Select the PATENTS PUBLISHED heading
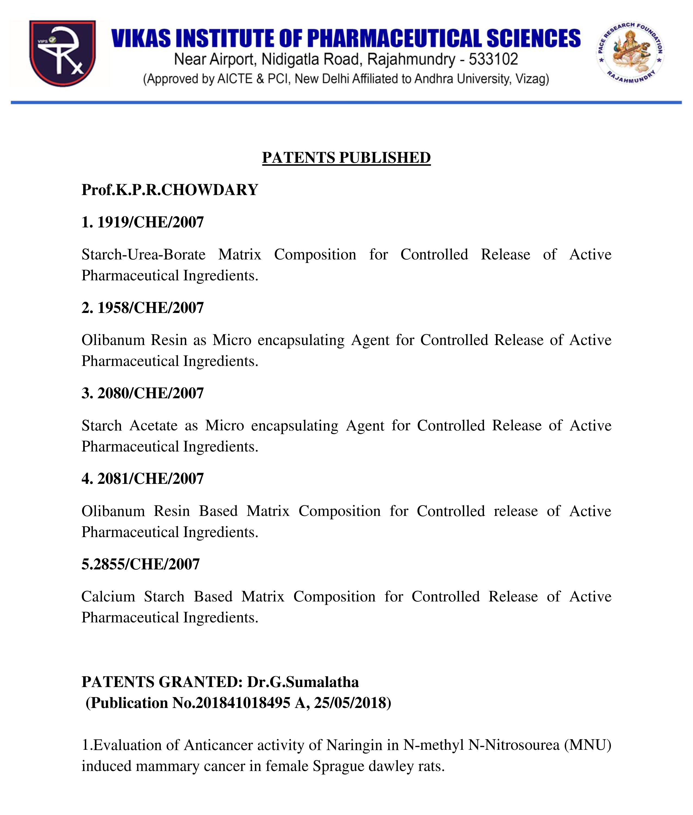coord(346,158)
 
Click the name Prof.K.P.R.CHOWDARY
coord(170,190)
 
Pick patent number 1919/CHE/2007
coord(151,222)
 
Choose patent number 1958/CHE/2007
coord(151,308)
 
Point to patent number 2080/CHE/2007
coord(151,393)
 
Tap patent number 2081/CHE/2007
coord(151,479)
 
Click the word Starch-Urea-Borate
coord(143,255)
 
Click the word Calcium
coord(108,597)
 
